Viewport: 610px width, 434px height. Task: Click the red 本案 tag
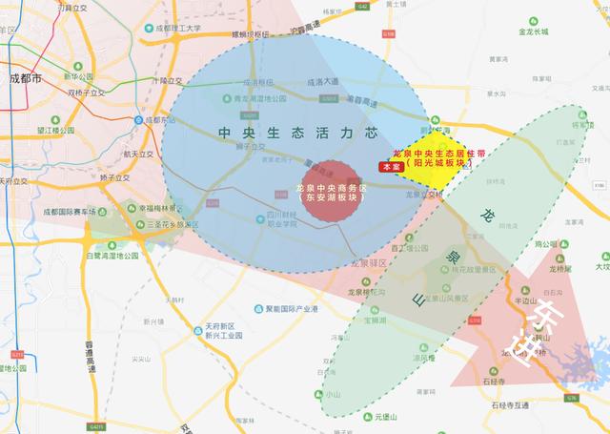point(388,167)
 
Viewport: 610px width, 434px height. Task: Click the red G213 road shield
point(17,354)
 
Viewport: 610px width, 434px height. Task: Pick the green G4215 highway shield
point(95,426)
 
